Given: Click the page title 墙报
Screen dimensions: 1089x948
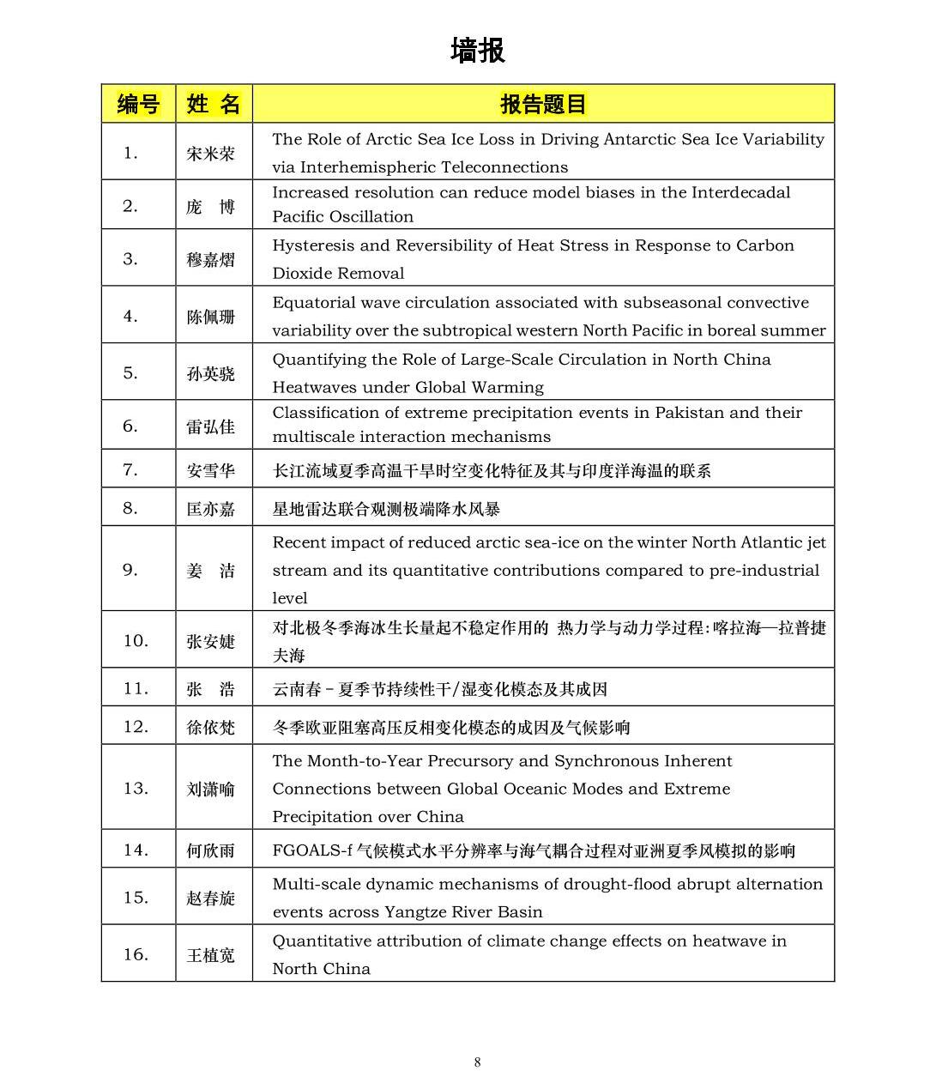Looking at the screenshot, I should (x=477, y=51).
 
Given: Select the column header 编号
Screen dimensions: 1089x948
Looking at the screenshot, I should (x=138, y=105).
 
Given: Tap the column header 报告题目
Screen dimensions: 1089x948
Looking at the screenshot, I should (x=543, y=105).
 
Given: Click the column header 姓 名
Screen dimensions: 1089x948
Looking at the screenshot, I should (x=214, y=105).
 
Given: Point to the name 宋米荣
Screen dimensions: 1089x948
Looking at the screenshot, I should (x=210, y=154).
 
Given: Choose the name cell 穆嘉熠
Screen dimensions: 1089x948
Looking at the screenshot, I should (x=210, y=259).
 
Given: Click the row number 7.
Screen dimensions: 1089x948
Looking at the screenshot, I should (x=130, y=469).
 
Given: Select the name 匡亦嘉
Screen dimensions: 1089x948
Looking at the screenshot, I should (x=210, y=509).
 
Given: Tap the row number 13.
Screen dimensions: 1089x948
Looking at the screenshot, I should (x=136, y=788).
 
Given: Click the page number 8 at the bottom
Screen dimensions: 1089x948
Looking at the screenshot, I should (x=477, y=1062).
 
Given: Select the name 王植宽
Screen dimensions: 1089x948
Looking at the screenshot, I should (x=210, y=955).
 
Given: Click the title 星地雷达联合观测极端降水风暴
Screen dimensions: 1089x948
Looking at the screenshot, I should (x=386, y=509).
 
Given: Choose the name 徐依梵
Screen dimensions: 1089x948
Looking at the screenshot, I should (x=210, y=728).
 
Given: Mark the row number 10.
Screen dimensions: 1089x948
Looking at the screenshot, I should (x=136, y=640).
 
